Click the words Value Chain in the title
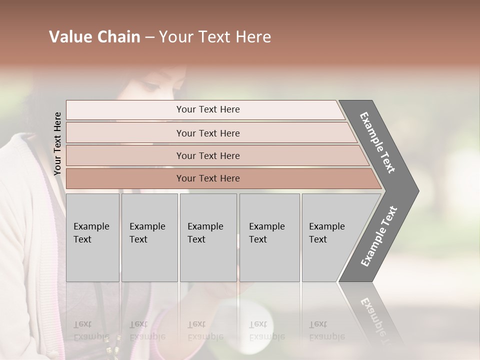tap(94, 37)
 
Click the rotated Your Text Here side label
tap(57, 143)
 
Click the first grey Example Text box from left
tap(92, 237)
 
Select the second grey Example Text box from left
tap(149, 237)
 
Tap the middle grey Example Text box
tap(208, 237)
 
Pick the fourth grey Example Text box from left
tap(269, 237)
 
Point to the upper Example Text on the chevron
tap(378, 142)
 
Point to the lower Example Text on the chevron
tap(379, 236)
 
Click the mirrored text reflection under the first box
tap(91, 330)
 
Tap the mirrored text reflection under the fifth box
tap(326, 330)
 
